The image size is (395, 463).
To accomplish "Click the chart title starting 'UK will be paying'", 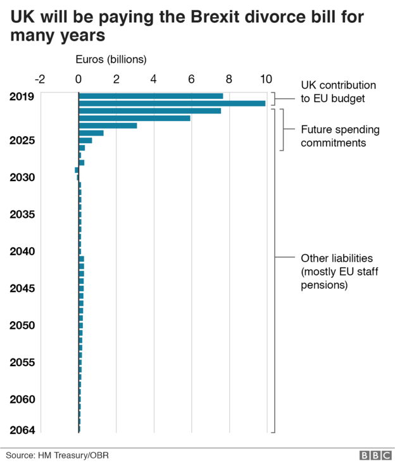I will [187, 26].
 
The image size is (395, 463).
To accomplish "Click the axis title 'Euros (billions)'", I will [111, 60].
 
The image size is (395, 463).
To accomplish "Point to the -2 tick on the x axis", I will [40, 79].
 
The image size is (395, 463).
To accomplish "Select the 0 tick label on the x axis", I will [78, 79].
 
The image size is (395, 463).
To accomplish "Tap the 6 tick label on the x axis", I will [191, 79].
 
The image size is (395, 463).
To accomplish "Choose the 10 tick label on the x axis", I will [265, 79].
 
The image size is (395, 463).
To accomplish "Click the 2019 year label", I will [22, 97].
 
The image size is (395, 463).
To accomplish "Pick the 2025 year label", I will [22, 140].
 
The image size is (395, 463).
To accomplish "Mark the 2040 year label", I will [22, 251].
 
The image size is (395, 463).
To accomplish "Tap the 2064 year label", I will [22, 430].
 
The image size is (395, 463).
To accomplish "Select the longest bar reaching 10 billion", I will [172, 103].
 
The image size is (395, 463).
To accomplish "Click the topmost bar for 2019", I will [151, 96].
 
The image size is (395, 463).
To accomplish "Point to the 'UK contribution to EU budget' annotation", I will [338, 92].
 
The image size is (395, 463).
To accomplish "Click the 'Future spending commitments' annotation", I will [340, 136].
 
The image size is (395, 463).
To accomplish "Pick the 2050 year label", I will [22, 326].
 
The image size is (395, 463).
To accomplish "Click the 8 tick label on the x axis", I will [229, 79].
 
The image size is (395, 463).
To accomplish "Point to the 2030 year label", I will [22, 177].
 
